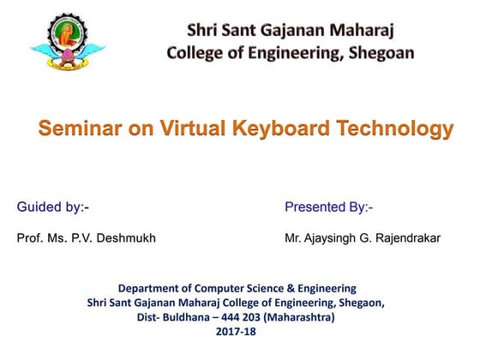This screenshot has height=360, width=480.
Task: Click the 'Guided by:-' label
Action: point(53,207)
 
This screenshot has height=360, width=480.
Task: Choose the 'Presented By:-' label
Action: point(328,207)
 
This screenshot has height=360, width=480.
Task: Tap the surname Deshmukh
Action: point(125,237)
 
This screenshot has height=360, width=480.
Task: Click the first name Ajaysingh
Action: point(335,237)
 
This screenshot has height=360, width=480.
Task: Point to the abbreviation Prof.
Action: point(29,237)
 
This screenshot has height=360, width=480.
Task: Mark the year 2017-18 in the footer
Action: point(236,331)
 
